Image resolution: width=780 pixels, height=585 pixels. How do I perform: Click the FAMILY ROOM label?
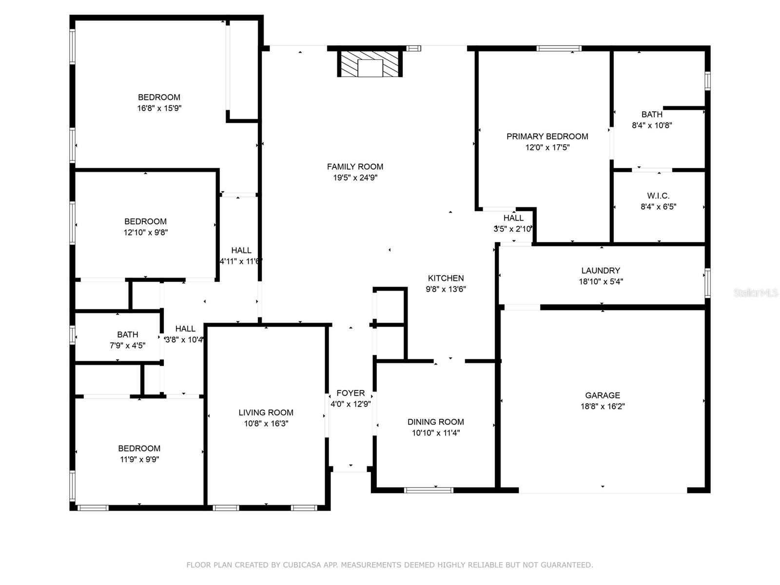click(354, 167)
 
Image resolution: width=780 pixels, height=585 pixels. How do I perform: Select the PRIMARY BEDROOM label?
click(547, 136)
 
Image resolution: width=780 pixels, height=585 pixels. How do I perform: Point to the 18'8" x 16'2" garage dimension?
click(603, 407)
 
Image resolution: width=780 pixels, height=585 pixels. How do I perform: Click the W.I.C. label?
click(658, 195)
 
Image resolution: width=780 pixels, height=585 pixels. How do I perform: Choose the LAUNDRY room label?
click(601, 271)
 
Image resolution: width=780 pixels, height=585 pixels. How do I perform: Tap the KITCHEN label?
click(446, 278)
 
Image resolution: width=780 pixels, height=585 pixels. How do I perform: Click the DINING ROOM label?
click(436, 422)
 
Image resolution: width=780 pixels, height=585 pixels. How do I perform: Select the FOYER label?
click(351, 393)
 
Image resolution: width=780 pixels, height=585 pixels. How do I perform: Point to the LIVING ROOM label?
click(266, 413)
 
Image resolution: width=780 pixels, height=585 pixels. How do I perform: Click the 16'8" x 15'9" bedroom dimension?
click(159, 108)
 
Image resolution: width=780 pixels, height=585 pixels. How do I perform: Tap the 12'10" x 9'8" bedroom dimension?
click(145, 233)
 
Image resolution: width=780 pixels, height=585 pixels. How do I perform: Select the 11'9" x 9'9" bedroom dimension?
click(139, 460)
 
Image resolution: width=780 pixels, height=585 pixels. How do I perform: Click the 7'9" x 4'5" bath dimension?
click(127, 346)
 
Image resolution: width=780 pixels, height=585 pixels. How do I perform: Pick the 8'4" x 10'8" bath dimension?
click(652, 125)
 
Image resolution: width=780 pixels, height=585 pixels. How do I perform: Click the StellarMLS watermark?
click(756, 293)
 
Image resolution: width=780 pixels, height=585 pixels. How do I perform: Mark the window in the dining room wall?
click(429, 490)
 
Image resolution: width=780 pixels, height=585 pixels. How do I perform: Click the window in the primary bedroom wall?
click(559, 48)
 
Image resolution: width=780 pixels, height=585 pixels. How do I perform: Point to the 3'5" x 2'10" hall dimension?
click(512, 229)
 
